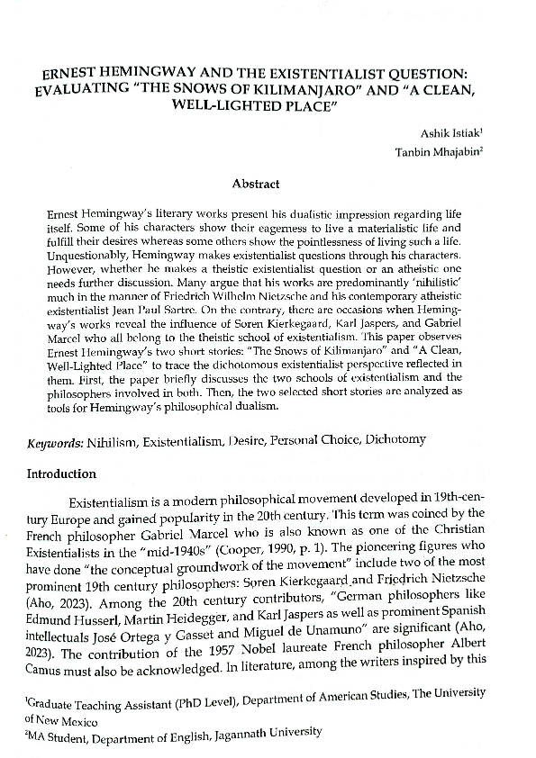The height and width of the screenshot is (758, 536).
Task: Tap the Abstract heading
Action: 256,184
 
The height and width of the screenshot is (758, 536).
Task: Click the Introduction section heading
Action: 68,473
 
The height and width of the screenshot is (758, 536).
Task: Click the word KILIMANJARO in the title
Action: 260,90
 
